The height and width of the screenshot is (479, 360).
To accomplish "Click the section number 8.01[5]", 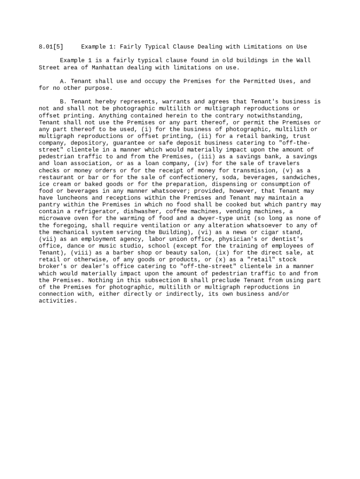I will tap(51, 47).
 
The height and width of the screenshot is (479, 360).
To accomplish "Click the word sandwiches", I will tap(302, 177).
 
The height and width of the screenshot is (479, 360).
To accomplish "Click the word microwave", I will tap(55, 218).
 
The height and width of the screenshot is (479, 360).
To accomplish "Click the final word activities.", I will tap(58, 301).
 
